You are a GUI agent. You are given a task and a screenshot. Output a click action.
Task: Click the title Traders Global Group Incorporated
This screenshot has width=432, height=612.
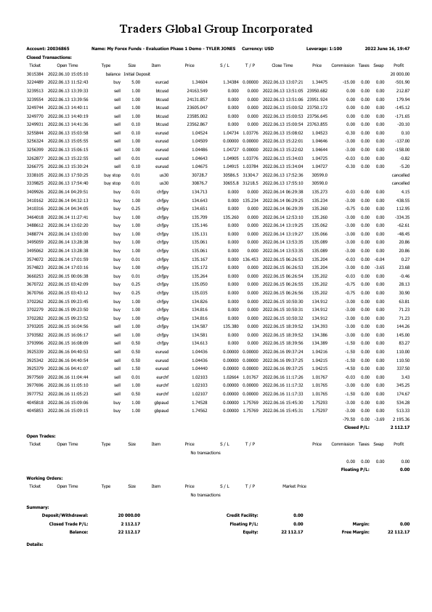pyautogui.click(x=216, y=29)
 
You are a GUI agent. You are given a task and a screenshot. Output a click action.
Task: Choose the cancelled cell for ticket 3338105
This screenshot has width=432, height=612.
pyautogui.click(x=402, y=175)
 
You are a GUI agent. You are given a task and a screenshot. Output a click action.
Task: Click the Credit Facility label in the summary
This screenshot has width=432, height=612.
pyautogui.click(x=243, y=515)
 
